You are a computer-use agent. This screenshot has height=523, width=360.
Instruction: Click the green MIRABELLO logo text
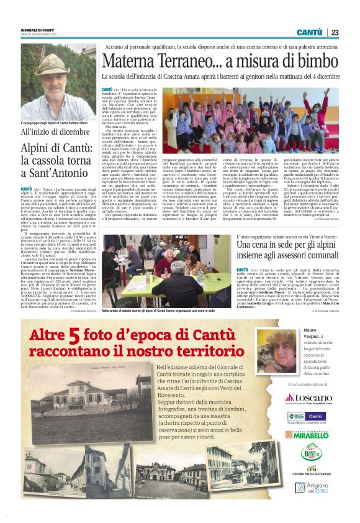[311, 436]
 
